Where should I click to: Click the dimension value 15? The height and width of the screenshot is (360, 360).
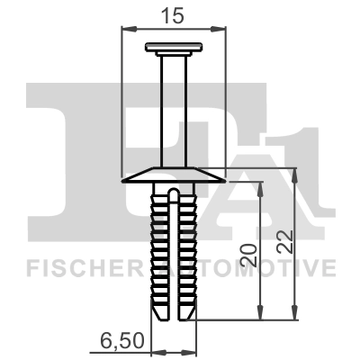pyautogui.click(x=173, y=14)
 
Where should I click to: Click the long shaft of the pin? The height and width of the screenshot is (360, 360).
pyautogui.click(x=174, y=108)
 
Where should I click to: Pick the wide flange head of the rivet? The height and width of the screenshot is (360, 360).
pyautogui.click(x=174, y=175)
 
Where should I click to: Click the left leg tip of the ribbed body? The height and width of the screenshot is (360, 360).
pyautogui.click(x=160, y=314)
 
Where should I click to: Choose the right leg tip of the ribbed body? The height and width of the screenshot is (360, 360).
pyautogui.click(x=187, y=314)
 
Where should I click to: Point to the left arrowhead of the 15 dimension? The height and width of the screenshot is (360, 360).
pyautogui.click(x=125, y=28)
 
